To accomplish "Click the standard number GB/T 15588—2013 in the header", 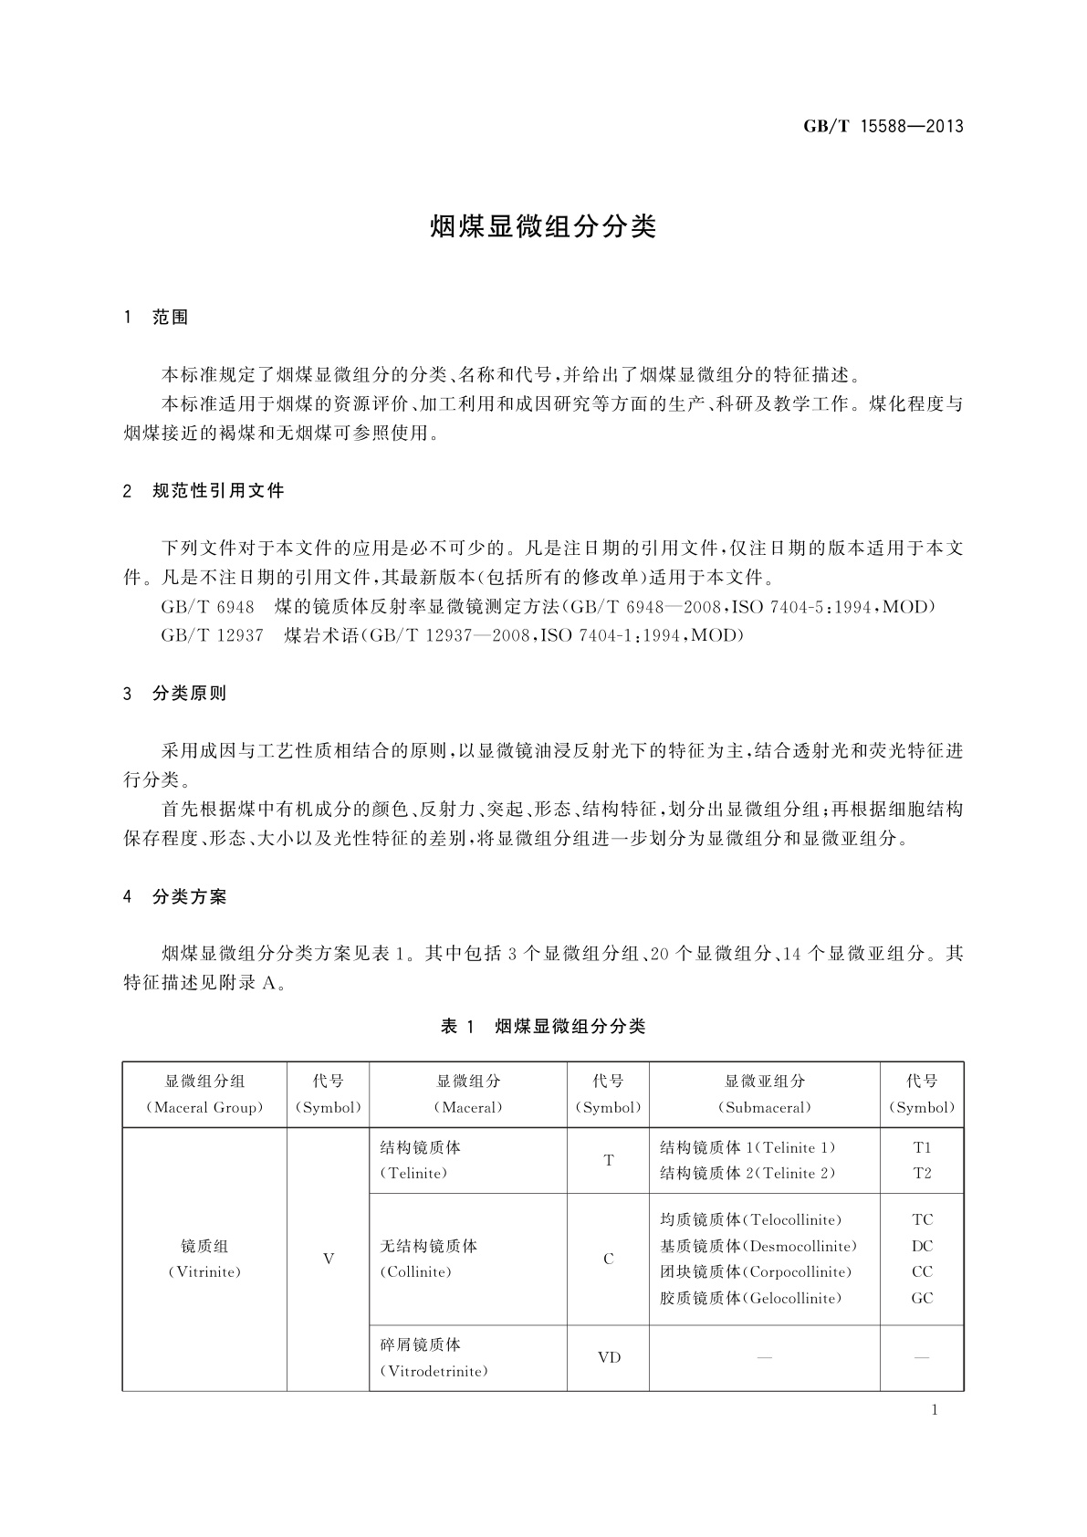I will [x=883, y=127].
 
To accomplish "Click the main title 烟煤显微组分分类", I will [x=543, y=227].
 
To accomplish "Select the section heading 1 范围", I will [x=156, y=318].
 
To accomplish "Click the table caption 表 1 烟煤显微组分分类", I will [x=543, y=1027].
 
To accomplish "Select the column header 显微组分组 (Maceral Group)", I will [x=204, y=1094].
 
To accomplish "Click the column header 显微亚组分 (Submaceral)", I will [x=765, y=1094].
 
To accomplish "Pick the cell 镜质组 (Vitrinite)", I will [x=204, y=1259].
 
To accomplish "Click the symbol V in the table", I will [x=329, y=1259].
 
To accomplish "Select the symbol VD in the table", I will [x=609, y=1357].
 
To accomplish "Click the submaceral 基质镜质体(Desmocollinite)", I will [x=758, y=1246].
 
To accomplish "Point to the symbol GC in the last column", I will [x=922, y=1298].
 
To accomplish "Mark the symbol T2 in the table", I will [x=922, y=1174].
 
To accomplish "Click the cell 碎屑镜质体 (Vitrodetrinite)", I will [x=434, y=1357].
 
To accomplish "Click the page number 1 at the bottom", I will [x=935, y=1410].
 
